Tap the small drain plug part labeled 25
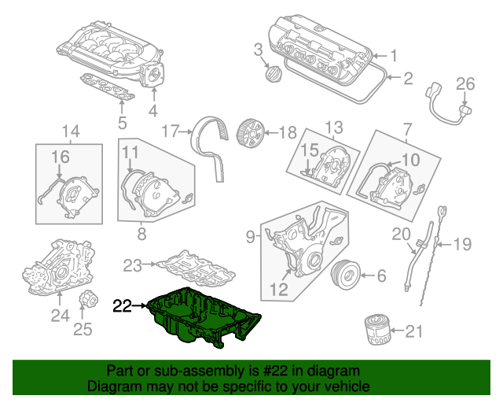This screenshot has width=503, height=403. pyautogui.click(x=88, y=301)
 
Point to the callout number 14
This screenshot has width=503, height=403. pyautogui.click(x=71, y=130)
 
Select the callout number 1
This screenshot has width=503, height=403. pyautogui.click(x=395, y=55)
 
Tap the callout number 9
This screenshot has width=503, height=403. pyautogui.click(x=250, y=235)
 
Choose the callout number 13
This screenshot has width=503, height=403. pyautogui.click(x=335, y=127)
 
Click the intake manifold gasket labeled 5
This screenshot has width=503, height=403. pyautogui.click(x=107, y=88)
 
